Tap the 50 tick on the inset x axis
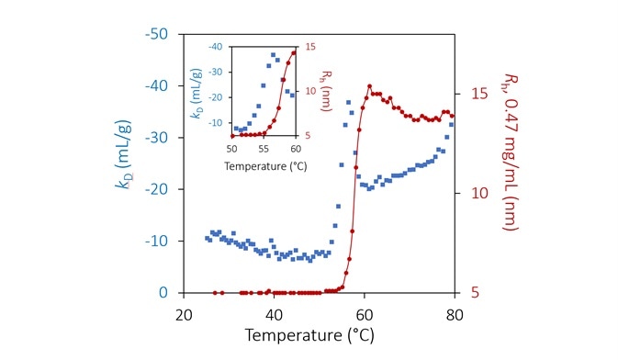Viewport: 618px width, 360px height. click(x=231, y=147)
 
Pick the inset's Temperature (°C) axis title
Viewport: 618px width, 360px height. click(x=264, y=166)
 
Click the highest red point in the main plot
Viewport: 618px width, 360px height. click(x=370, y=86)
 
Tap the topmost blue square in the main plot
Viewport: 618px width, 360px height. click(x=348, y=102)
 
